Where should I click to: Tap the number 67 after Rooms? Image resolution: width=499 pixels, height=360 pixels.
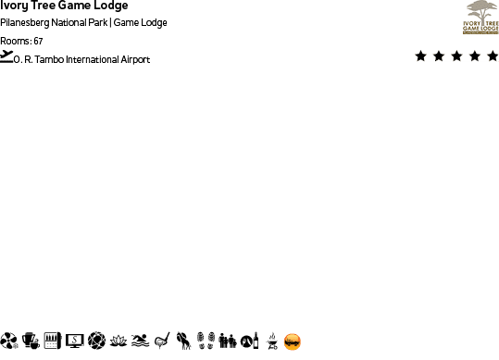(x=38, y=41)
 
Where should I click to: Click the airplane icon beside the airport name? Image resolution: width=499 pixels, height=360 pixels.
(x=7, y=56)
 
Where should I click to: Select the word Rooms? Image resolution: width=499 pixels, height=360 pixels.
(x=15, y=41)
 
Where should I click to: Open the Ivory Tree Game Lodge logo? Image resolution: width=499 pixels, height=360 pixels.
(x=480, y=18)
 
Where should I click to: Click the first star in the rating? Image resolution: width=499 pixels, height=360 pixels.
(x=421, y=56)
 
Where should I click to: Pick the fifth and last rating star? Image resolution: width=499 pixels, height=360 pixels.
(x=492, y=56)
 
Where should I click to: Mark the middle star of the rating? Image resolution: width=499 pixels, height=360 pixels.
(x=456, y=56)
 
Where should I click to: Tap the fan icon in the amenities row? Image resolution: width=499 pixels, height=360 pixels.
(x=9, y=341)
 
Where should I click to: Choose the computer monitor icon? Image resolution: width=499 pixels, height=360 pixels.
(x=75, y=341)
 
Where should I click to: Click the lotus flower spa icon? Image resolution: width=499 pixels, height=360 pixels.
(x=118, y=341)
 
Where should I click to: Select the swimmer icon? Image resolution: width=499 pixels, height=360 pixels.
(x=140, y=341)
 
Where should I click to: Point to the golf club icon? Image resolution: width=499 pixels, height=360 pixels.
(x=161, y=341)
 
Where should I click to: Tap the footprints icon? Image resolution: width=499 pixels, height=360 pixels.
(x=206, y=341)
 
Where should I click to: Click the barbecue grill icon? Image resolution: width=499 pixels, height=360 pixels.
(x=271, y=341)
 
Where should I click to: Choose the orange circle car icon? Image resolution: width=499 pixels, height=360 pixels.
(x=293, y=341)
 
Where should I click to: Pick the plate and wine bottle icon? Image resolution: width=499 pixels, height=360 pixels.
(x=248, y=341)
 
